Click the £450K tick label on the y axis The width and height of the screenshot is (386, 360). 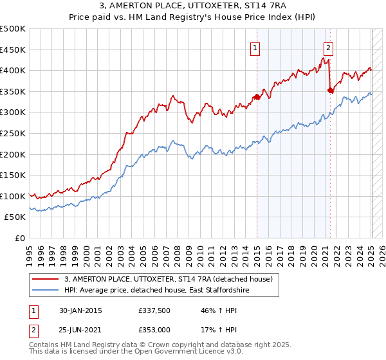(x=13, y=50)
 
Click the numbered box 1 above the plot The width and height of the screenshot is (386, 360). (x=255, y=47)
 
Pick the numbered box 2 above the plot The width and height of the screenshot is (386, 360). (x=328, y=47)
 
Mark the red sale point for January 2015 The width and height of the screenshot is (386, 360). (x=257, y=97)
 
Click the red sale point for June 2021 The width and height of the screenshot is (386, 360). (x=331, y=91)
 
